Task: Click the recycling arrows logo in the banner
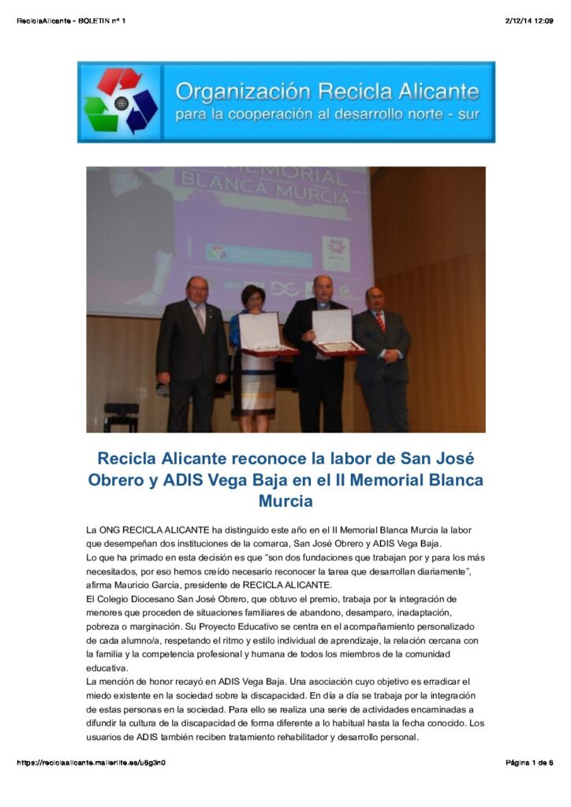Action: pos(121,102)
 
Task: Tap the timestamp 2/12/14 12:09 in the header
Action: pos(528,20)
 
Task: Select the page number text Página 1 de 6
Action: pos(528,763)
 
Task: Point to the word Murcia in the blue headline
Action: pos(285,500)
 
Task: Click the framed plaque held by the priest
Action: pos(333,331)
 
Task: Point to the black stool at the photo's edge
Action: pos(121,417)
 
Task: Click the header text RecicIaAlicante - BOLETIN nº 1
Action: pos(71,20)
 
